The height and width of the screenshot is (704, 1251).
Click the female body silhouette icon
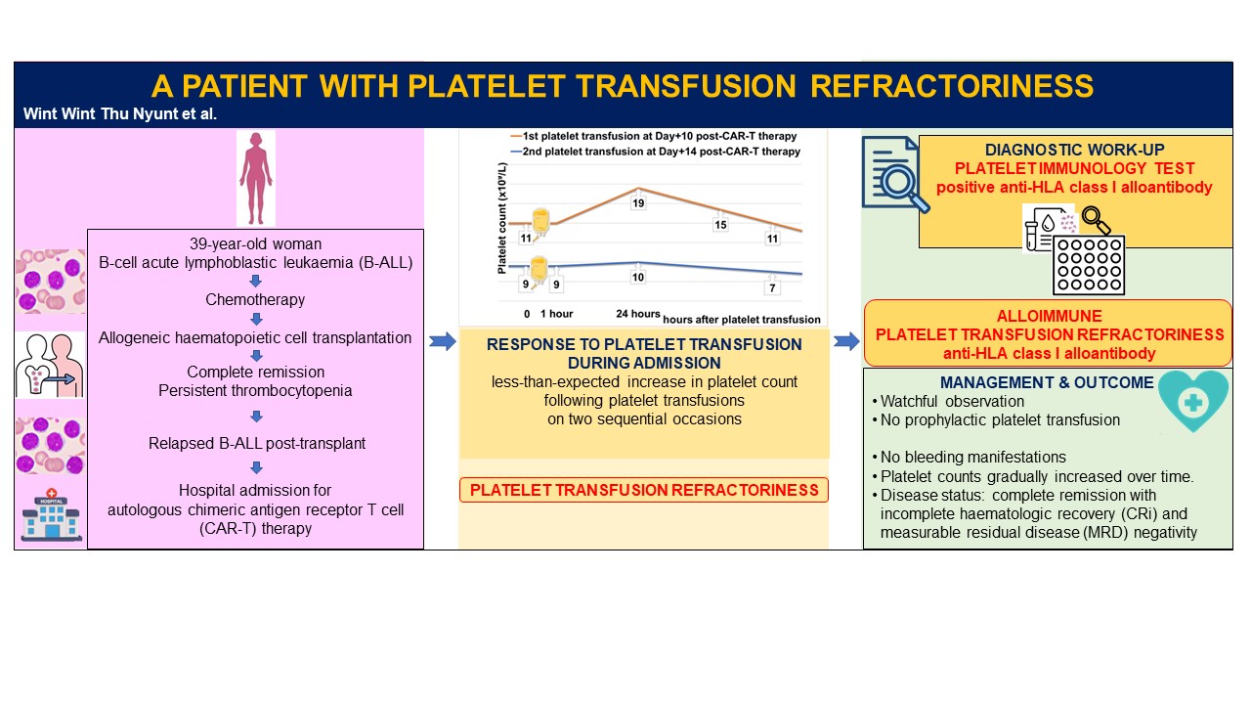(x=256, y=179)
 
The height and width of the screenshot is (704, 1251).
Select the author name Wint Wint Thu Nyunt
(x=119, y=113)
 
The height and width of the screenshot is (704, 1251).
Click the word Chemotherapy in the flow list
(x=255, y=300)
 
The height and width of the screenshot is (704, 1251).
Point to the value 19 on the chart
(x=638, y=203)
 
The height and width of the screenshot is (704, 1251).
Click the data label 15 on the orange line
(x=720, y=225)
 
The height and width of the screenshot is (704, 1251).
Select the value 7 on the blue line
(x=772, y=287)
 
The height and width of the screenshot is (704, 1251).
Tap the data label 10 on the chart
(x=638, y=278)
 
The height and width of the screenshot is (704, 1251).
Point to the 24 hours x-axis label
(x=638, y=314)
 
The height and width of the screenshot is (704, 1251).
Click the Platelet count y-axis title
(x=501, y=218)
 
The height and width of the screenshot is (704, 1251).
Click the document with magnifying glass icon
(x=893, y=173)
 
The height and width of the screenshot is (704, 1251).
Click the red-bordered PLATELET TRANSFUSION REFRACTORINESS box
(x=643, y=490)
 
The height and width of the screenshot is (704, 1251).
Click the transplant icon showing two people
(x=50, y=365)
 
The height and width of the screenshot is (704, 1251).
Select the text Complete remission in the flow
(x=255, y=372)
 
